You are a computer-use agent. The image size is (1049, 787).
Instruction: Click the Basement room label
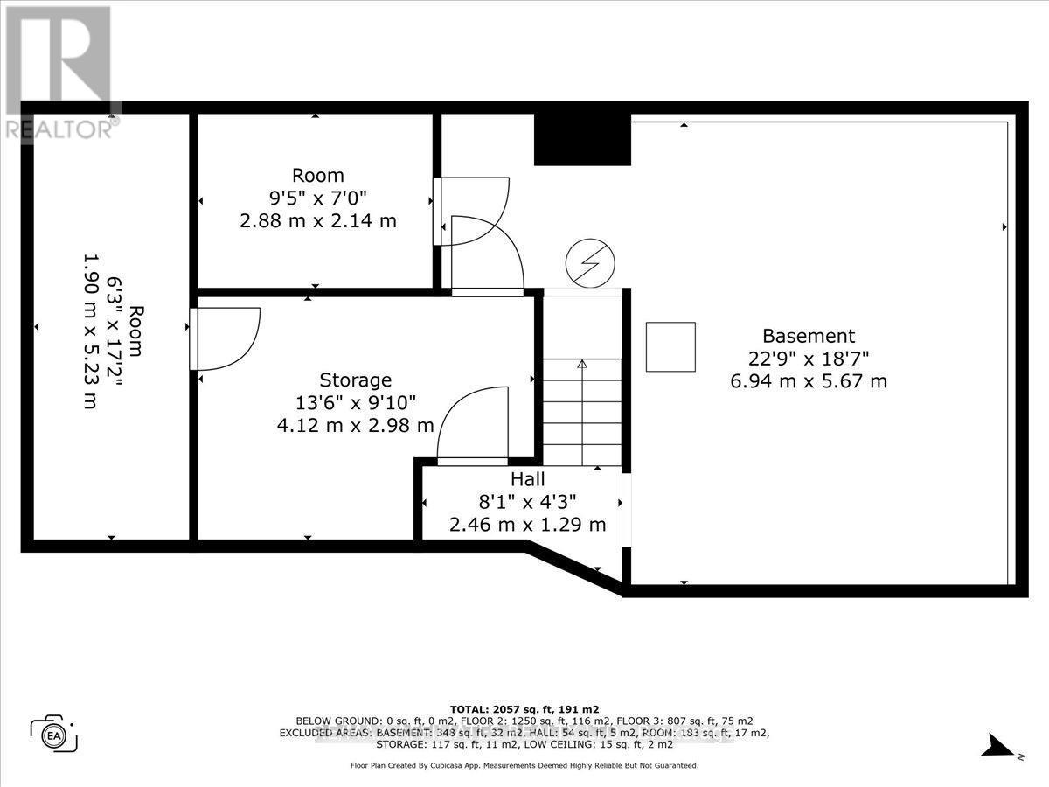809,336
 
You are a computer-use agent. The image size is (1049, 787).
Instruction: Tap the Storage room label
355,380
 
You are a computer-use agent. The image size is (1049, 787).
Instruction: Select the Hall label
528,479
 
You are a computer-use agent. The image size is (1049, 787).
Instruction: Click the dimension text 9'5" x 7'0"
317,198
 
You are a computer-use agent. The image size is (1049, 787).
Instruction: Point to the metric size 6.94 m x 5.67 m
809,381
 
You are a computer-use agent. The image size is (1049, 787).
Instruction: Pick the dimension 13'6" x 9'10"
355,403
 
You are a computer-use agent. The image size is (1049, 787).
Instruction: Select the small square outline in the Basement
670,347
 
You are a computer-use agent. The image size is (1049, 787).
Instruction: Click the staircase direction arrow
582,366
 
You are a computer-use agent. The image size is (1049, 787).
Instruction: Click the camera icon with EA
54,733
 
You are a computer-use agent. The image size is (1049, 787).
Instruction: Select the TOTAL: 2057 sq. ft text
524,709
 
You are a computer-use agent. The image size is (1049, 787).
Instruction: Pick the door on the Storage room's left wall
225,338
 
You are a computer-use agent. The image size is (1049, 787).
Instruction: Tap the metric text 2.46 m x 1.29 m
527,525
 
